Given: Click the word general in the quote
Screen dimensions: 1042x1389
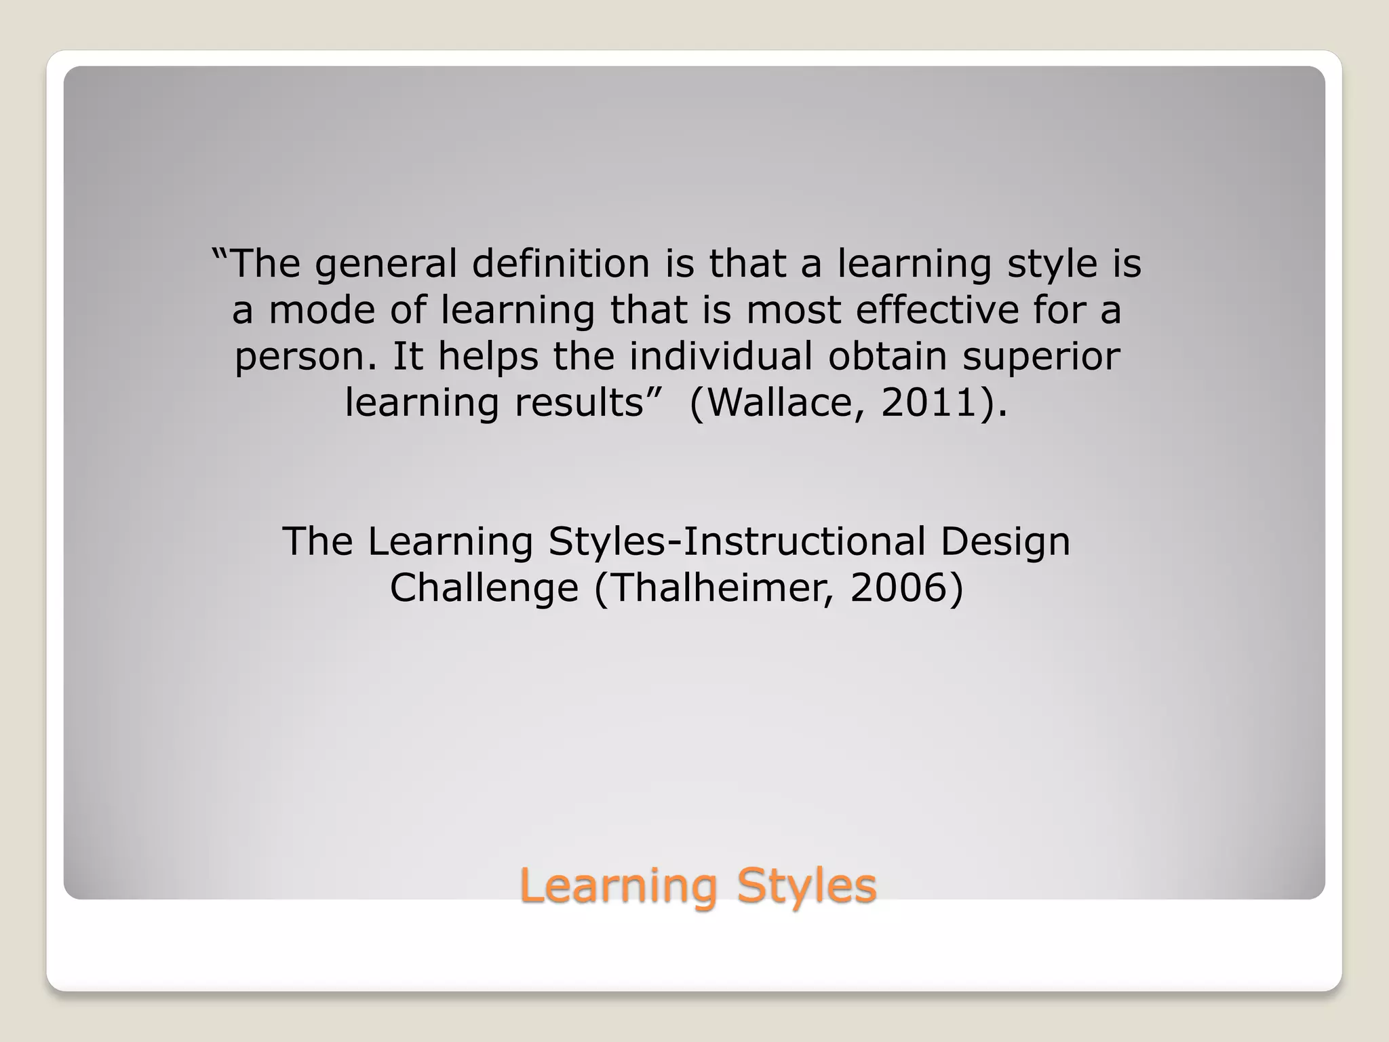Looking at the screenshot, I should pos(386,265).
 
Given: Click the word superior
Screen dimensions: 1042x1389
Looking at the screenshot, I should pos(1041,358).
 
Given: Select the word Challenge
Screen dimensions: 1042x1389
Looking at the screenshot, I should pos(484,588).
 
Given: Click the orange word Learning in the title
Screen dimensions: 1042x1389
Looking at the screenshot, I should pos(619,887).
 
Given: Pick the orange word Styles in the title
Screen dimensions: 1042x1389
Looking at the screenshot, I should pos(806,887).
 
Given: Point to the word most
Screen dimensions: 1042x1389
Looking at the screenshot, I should pos(793,311).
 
